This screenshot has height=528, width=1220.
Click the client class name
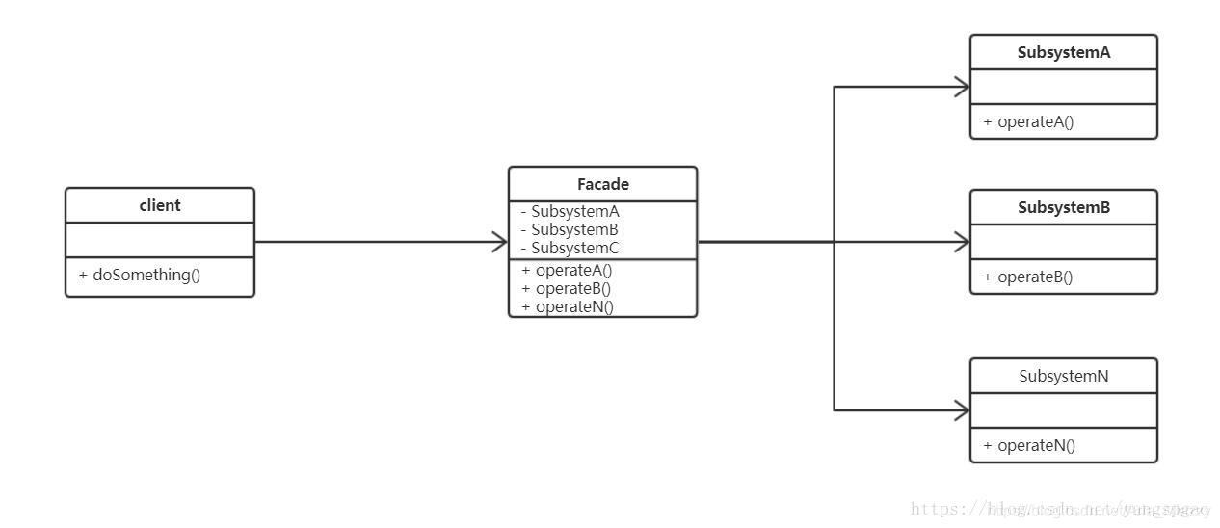pos(160,205)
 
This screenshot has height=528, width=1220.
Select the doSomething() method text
pos(140,275)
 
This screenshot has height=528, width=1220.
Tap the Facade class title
pos(602,184)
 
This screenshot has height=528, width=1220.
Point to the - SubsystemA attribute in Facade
pos(570,211)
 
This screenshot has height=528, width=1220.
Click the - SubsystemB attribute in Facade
pos(570,229)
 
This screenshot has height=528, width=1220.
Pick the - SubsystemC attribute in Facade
pos(570,248)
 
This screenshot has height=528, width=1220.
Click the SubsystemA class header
pos(1063,52)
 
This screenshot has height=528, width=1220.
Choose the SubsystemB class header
pos(1063,207)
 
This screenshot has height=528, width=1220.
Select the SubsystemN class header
pos(1063,376)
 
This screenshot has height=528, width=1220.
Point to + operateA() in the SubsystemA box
pos(1028,121)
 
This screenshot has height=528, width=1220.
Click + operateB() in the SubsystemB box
pos(1028,277)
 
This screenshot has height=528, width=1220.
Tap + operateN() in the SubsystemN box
pos(1028,445)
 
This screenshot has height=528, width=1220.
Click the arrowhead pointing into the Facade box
pos(500,242)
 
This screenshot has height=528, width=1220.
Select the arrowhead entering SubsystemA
pos(962,87)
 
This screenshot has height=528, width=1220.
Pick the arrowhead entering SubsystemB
pos(962,242)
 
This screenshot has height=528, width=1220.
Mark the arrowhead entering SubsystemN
pos(962,410)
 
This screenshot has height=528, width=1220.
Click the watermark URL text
pos(1060,509)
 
